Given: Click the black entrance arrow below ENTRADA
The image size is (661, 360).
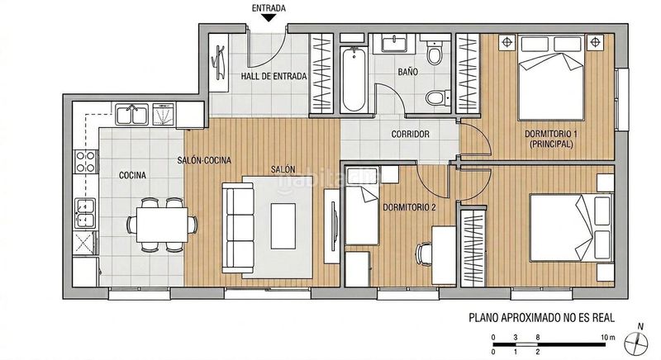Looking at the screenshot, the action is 269,17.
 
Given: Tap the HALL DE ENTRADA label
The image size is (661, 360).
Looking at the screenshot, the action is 273,76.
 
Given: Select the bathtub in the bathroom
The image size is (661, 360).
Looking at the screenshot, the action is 354,79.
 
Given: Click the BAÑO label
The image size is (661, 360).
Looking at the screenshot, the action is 407,72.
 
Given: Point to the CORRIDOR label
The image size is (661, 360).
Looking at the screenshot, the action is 410,135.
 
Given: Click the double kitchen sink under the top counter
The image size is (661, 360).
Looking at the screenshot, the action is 132,114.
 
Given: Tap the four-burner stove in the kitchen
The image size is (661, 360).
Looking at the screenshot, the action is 85,162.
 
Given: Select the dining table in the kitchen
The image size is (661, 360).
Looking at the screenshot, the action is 162,225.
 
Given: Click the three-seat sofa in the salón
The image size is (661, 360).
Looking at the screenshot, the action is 238,228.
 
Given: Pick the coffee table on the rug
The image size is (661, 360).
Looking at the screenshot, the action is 283,226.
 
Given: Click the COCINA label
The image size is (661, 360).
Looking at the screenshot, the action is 132,175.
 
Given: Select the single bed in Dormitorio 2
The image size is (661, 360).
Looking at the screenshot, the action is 362,206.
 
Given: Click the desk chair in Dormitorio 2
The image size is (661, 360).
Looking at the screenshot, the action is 424,254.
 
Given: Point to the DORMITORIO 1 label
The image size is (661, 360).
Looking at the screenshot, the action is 551,134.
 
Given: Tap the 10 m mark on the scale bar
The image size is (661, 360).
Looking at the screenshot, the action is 608,337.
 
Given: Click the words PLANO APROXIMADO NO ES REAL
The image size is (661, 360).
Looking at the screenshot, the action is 542,317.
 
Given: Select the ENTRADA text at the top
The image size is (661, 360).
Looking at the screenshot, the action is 269,8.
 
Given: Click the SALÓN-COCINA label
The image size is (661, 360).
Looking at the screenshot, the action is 204,160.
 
